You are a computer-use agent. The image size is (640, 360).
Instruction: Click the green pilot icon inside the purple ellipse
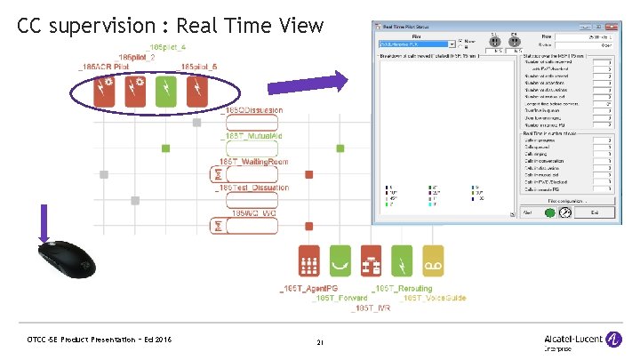tap(164, 92)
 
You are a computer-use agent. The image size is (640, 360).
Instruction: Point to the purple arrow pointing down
tap(43, 221)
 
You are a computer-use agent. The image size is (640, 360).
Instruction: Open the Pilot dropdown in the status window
tap(453, 43)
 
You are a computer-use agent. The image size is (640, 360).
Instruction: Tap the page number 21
tap(321, 342)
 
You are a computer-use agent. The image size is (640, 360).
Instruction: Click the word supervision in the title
tap(105, 26)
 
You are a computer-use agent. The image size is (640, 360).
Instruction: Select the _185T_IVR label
tap(371, 307)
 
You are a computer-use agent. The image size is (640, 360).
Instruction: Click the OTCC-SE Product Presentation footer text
tap(99, 340)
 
